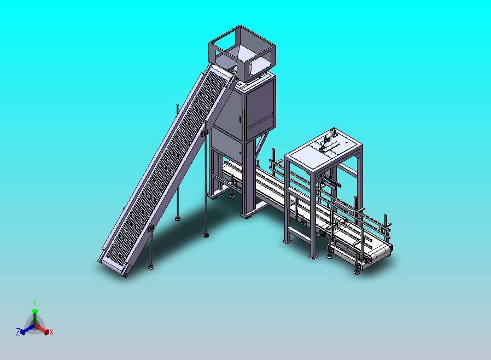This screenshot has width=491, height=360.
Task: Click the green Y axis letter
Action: [x=34, y=303]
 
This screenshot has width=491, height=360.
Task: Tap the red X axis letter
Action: [x=51, y=332]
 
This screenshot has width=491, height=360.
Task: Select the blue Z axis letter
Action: [x=18, y=332]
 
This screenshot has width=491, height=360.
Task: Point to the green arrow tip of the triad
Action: [x=34, y=311]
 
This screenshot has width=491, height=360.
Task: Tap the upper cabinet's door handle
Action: [x=241, y=119]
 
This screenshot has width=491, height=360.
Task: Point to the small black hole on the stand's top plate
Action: [x=346, y=141]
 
